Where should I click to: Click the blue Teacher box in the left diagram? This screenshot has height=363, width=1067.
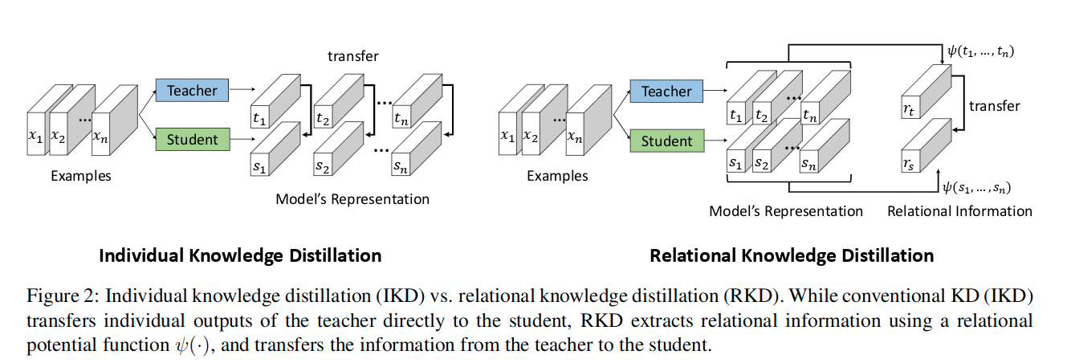(192, 91)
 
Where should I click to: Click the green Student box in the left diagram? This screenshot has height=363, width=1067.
(192, 140)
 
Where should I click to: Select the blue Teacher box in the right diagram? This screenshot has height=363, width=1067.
(666, 92)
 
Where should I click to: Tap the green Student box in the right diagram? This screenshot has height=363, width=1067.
(666, 141)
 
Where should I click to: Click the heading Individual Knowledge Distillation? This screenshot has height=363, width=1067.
(239, 255)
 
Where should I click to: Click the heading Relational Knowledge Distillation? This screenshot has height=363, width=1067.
(791, 255)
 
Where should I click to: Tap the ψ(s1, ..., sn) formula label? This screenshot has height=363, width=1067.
(979, 188)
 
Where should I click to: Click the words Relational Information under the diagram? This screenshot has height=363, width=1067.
(959, 211)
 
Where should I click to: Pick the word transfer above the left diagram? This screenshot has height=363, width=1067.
(353, 56)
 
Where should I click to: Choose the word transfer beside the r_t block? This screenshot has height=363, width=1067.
(995, 106)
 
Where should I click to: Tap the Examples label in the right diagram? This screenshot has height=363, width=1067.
(557, 176)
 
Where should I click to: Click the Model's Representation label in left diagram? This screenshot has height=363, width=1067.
(352, 199)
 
